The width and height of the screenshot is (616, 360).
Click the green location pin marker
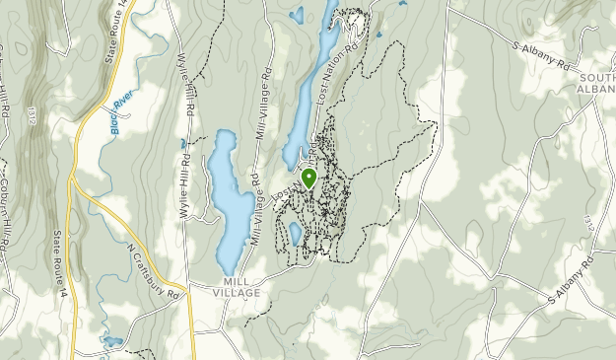[308, 179]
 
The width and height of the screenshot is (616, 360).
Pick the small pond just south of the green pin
[294, 234]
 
